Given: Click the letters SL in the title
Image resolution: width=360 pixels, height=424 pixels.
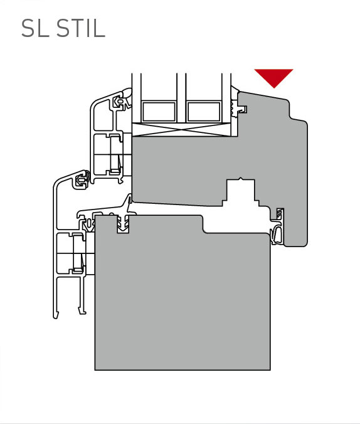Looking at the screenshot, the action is pos(35,28).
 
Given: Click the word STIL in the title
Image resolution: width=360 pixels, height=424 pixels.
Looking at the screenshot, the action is pos(81,28).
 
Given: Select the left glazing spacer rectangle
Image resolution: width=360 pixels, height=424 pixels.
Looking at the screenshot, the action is pos(159,112).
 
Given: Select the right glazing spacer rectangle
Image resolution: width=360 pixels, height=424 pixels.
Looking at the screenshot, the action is pos(204,112).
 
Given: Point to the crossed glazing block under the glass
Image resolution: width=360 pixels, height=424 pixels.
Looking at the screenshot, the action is pos(181,130).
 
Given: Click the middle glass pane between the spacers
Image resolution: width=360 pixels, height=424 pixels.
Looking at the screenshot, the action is pos(181,97).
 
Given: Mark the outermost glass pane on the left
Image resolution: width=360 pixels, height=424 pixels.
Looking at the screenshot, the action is pos(136,97).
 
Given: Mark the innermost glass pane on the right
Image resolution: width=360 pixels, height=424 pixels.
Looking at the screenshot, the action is pos(226,97).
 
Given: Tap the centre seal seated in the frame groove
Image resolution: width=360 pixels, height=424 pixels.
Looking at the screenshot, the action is pos(123,225).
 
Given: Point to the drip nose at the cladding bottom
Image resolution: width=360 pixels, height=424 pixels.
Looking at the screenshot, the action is pos(56,315).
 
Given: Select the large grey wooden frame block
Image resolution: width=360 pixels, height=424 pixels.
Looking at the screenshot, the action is pos(183,292).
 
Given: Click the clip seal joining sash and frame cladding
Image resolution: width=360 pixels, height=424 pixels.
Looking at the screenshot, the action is pos(82,179).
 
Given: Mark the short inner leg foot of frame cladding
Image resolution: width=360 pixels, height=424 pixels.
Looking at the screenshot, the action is pos(82,310).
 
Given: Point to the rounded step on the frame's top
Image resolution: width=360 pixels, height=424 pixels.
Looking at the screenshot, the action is pos(203,224).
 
